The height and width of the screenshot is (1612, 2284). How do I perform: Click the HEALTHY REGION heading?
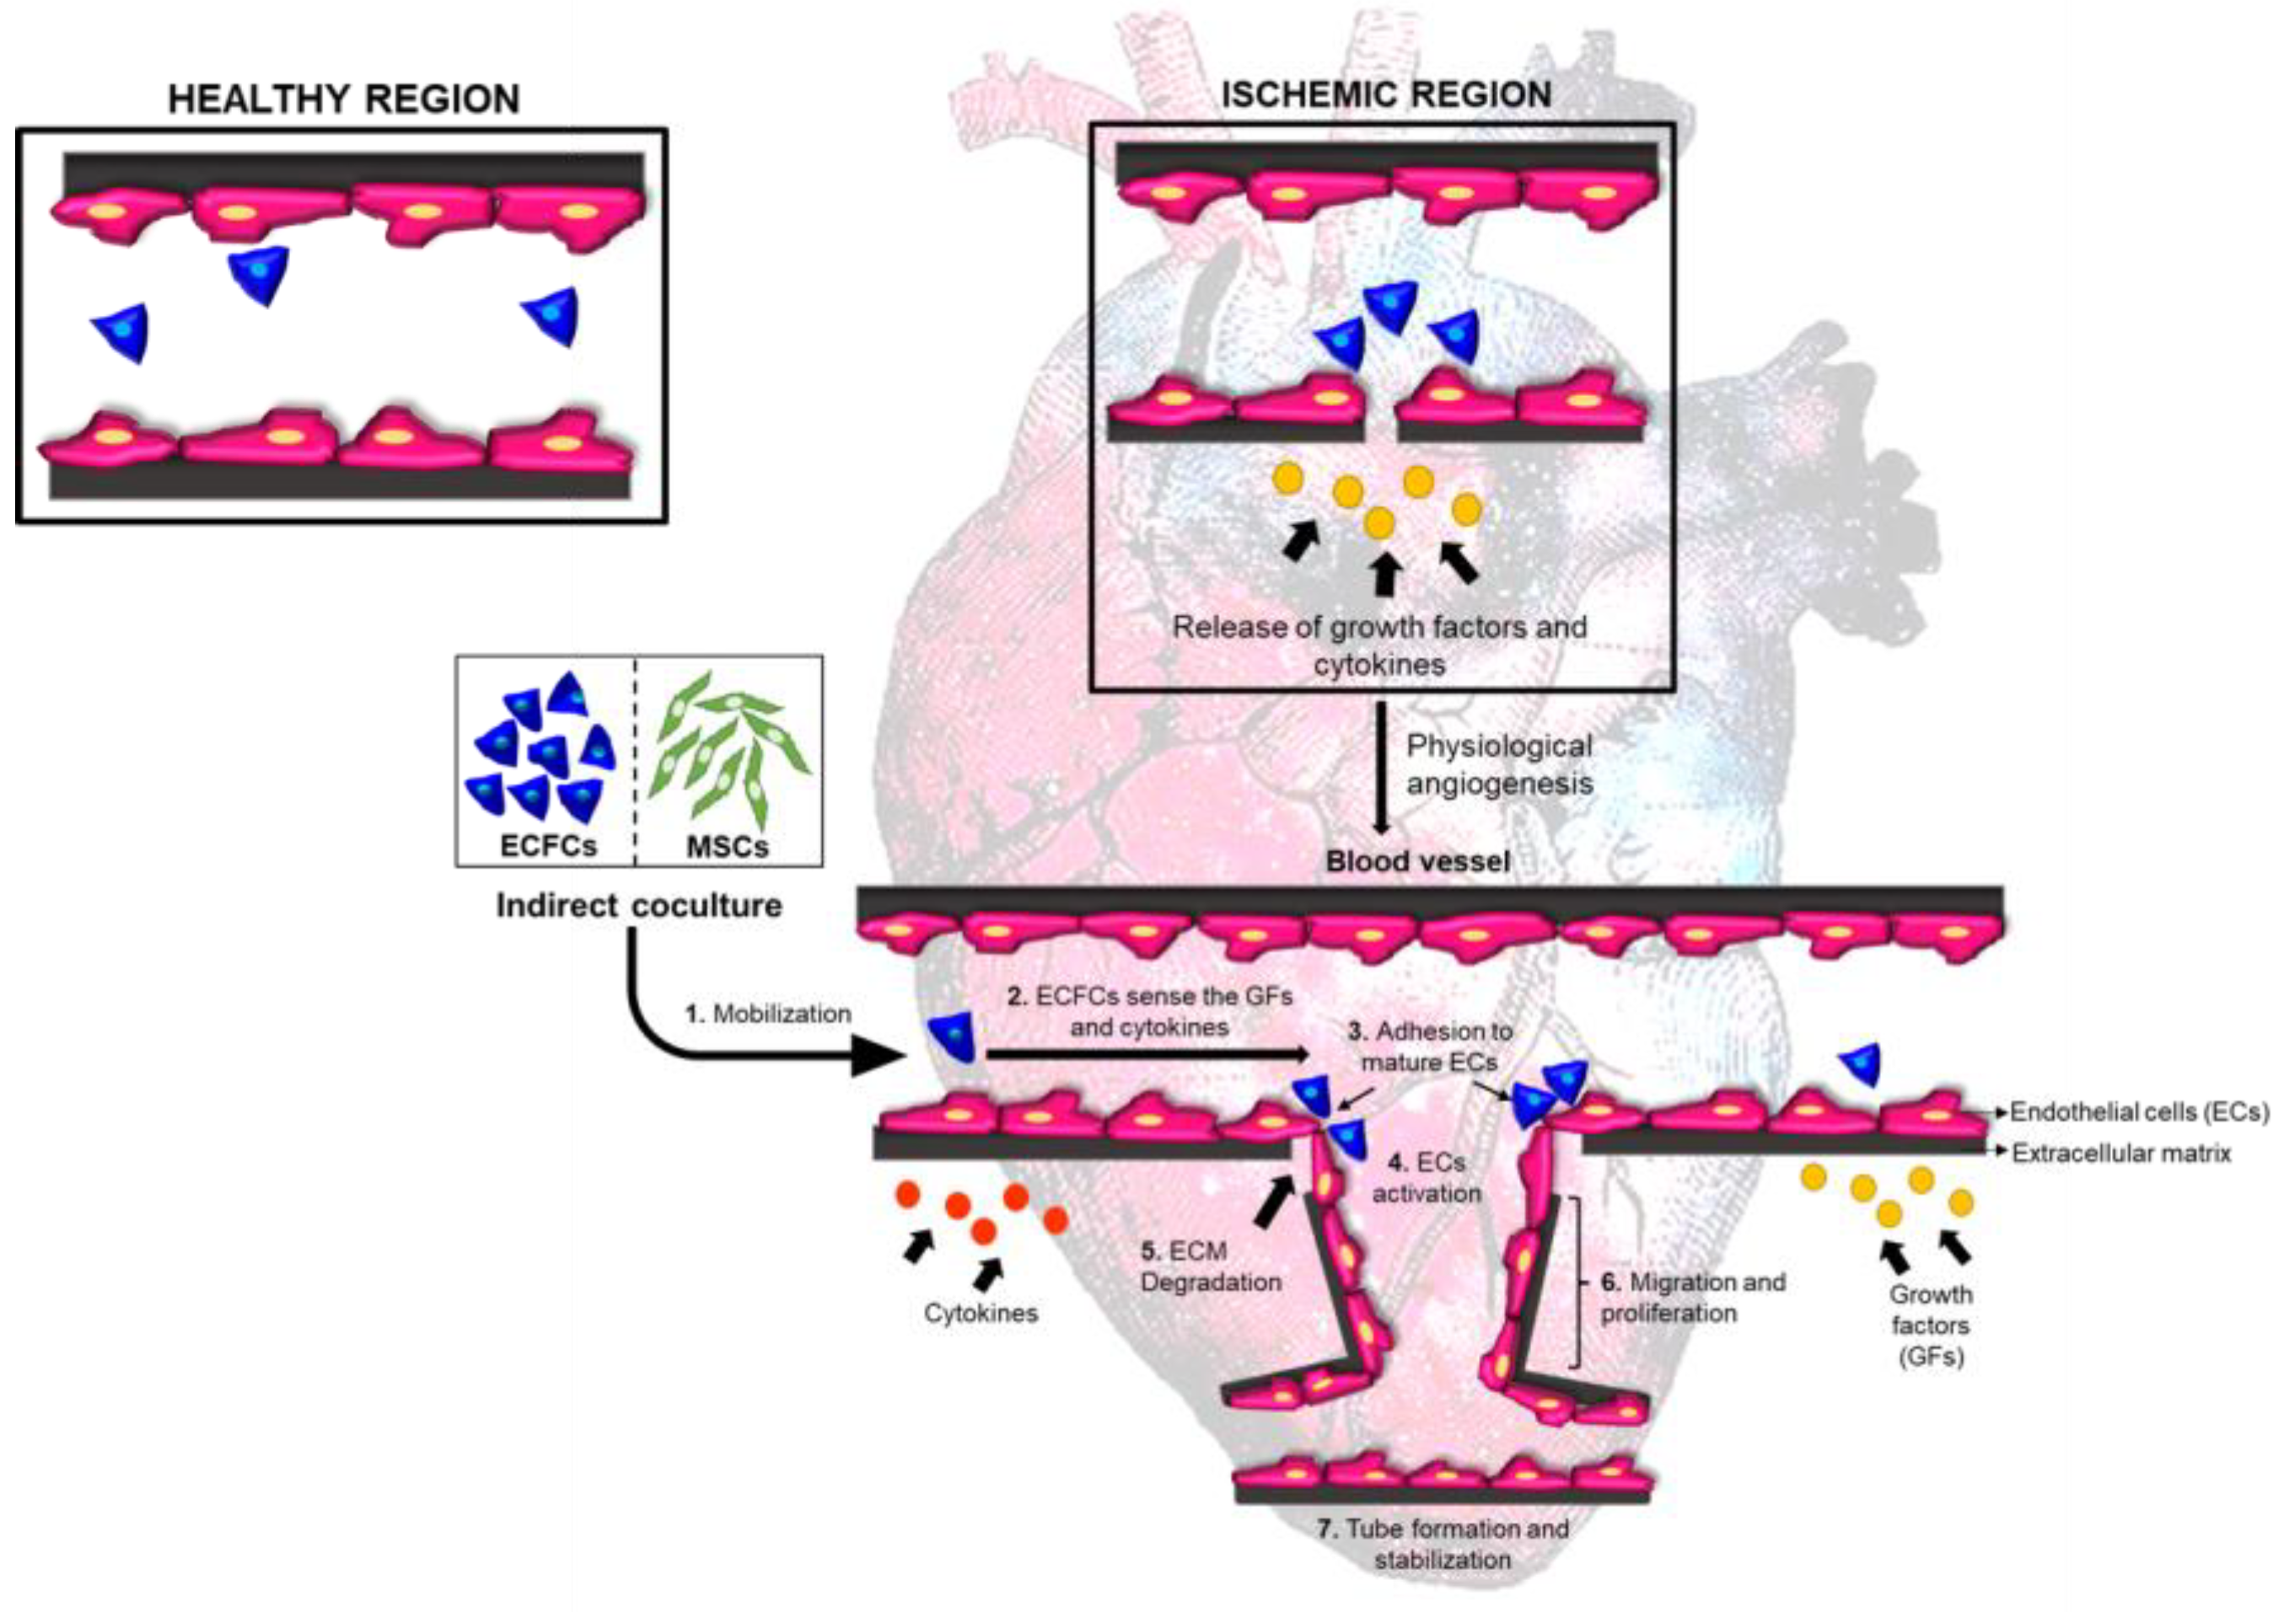pos(343,99)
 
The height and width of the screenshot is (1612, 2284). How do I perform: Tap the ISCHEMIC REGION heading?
pos(1386,94)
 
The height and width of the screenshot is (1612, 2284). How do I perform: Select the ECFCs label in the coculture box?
pos(548,845)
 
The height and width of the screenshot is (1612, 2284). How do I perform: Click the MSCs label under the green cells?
pos(727,846)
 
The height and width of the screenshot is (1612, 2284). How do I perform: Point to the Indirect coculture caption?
pos(638,906)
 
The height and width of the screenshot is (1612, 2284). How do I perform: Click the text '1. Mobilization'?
pos(768,1014)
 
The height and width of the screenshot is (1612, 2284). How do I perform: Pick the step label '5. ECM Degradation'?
pos(1210,1266)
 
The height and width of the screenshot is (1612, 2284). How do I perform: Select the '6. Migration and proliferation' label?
pos(1692,1297)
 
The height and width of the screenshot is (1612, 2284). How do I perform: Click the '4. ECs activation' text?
pos(1427,1177)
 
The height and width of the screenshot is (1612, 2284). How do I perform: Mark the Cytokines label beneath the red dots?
pos(981,1313)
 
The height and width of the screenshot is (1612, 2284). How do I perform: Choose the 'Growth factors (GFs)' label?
pos(1930,1325)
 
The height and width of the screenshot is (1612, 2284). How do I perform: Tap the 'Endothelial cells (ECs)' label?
pos(2139,1111)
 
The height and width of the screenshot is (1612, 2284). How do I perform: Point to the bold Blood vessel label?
pos(1417,861)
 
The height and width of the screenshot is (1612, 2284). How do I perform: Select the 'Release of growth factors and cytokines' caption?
pos(1379,645)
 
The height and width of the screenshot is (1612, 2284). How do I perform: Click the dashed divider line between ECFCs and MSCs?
pos(636,761)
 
